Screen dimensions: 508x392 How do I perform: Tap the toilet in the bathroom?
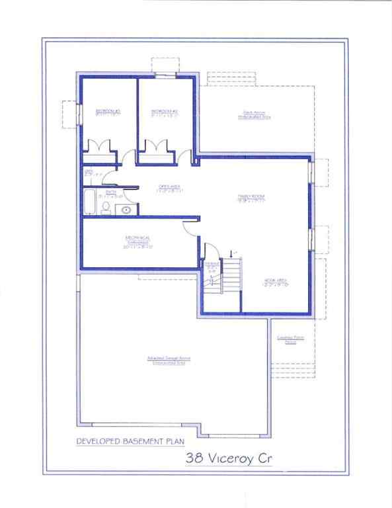105,208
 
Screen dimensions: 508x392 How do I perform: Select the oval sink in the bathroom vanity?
126,210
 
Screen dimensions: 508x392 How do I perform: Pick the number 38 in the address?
194,456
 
